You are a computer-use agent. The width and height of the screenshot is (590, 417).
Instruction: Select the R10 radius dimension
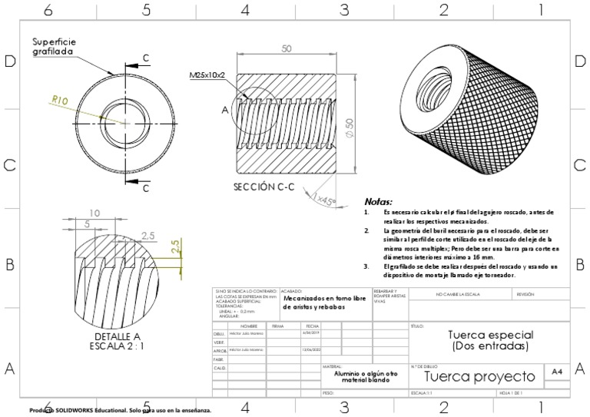[x=61, y=99]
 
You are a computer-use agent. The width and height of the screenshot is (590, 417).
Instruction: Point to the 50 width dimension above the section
[x=287, y=49]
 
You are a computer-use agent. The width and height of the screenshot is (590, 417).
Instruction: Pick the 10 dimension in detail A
[x=94, y=213]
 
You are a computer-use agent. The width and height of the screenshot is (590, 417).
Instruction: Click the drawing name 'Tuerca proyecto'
[x=479, y=376]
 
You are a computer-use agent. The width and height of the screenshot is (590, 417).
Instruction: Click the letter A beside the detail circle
[x=225, y=110]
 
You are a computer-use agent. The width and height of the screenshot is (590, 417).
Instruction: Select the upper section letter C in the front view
[x=145, y=58]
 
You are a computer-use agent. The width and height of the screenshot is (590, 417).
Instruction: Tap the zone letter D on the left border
[x=11, y=62]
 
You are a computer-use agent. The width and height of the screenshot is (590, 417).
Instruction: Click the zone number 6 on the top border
[x=48, y=10]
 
